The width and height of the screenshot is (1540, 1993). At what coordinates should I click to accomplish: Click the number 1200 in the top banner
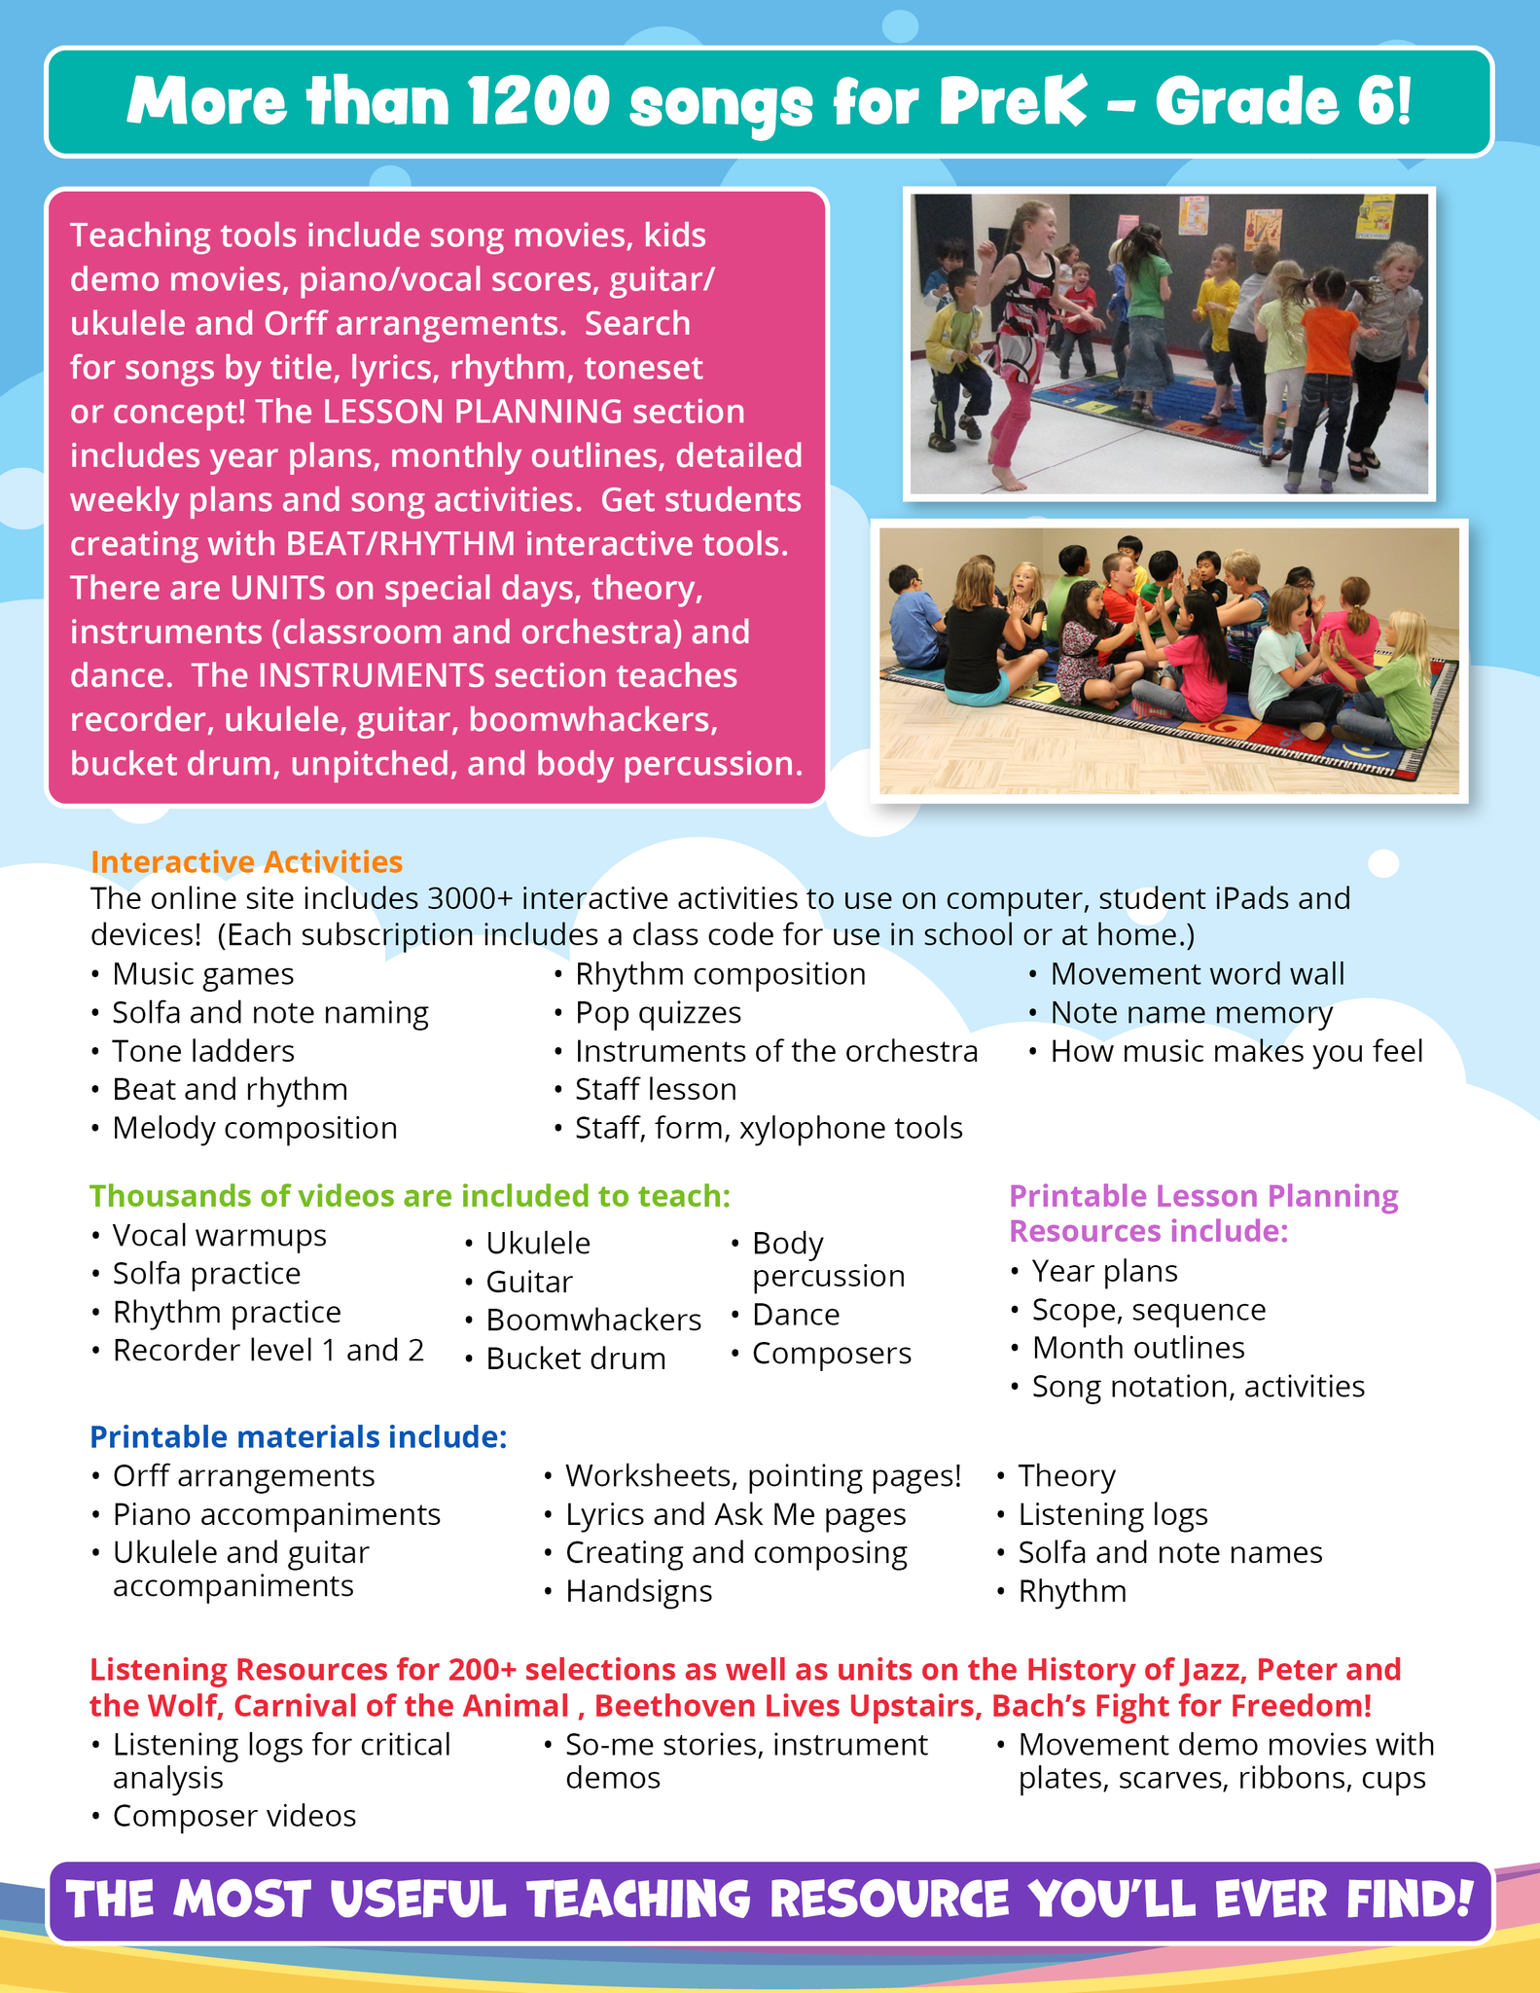(x=538, y=102)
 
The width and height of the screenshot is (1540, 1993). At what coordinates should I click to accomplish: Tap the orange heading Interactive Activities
(x=246, y=862)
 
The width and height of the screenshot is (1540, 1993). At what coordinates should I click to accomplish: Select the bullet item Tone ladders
(x=202, y=1051)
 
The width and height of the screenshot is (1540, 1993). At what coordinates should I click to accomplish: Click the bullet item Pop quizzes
(x=658, y=1012)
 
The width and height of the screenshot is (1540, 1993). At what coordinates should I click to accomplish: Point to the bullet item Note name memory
(x=1191, y=1012)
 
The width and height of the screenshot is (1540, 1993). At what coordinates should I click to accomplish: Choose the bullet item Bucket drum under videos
(x=575, y=1359)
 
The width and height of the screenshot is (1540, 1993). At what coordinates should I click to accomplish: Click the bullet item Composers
(x=831, y=1353)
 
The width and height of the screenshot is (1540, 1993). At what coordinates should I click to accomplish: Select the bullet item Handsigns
(x=638, y=1591)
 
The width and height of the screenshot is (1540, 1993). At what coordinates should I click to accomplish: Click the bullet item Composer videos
(x=233, y=1816)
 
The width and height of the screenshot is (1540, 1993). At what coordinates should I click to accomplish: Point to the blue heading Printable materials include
(x=298, y=1436)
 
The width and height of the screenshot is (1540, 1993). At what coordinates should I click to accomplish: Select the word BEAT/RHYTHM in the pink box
(x=401, y=544)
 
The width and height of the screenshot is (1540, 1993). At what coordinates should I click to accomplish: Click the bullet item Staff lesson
(x=655, y=1089)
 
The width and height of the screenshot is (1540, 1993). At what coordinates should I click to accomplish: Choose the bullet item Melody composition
(x=254, y=1128)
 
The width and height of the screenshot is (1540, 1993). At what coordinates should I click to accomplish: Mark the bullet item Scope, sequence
(x=1148, y=1310)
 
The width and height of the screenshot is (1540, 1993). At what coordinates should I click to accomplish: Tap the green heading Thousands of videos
(x=409, y=1196)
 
